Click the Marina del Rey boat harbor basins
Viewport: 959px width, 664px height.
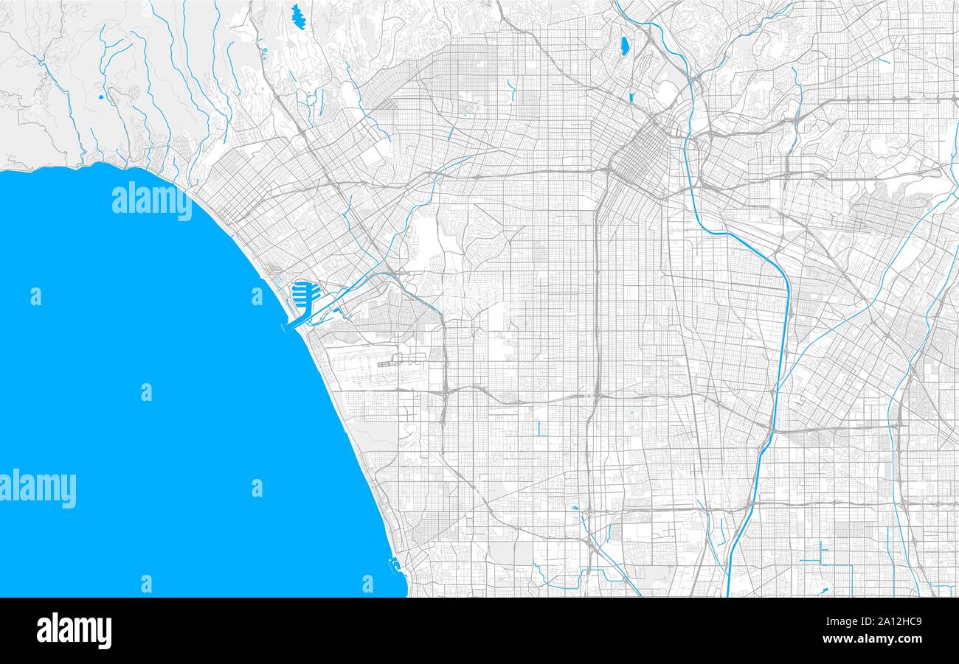(304, 296)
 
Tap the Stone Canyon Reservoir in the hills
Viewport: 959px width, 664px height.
(298, 16)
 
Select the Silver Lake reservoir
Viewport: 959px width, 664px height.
(624, 46)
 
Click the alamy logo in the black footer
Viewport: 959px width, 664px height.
(74, 631)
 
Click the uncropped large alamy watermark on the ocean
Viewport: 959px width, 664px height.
(151, 200)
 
